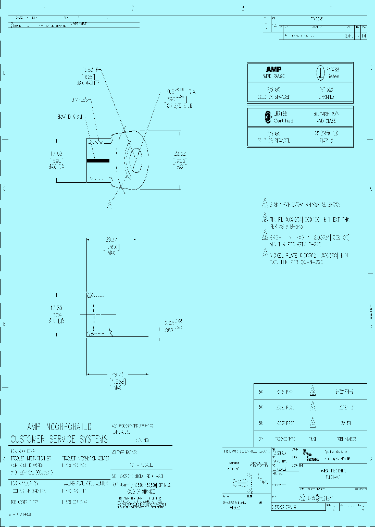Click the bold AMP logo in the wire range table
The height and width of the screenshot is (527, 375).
273,70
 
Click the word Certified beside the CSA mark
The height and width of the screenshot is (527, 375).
283,120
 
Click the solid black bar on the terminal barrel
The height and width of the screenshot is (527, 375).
98,161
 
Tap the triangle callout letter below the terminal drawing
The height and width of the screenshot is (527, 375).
110,205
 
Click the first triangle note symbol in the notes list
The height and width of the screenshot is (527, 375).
264,204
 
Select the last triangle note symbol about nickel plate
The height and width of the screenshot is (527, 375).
264,254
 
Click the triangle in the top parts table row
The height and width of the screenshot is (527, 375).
313,391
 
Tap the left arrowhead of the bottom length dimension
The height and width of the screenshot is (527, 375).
89,373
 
